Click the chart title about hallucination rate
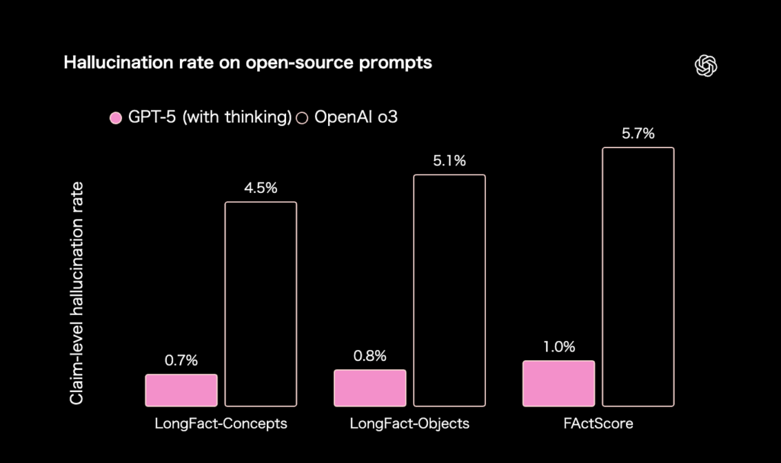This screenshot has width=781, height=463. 248,63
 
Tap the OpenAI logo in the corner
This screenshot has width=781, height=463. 706,66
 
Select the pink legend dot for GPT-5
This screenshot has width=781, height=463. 116,117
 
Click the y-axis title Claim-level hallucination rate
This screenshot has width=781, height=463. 76,294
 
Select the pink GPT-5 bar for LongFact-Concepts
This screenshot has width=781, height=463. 182,390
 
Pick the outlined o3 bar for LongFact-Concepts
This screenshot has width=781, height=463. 261,304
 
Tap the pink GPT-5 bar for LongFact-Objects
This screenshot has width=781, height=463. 370,387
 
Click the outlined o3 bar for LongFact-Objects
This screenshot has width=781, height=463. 449,290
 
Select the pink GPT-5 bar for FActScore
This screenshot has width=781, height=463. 558,383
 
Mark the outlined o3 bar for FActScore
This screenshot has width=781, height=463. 638,276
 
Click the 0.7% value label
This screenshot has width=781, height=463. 182,360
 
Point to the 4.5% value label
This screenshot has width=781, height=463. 261,188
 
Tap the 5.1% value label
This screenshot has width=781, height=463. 449,161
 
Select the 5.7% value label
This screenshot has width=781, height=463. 638,133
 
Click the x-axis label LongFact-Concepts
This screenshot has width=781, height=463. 221,423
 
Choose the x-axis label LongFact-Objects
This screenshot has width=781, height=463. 410,423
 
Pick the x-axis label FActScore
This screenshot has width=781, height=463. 598,423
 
